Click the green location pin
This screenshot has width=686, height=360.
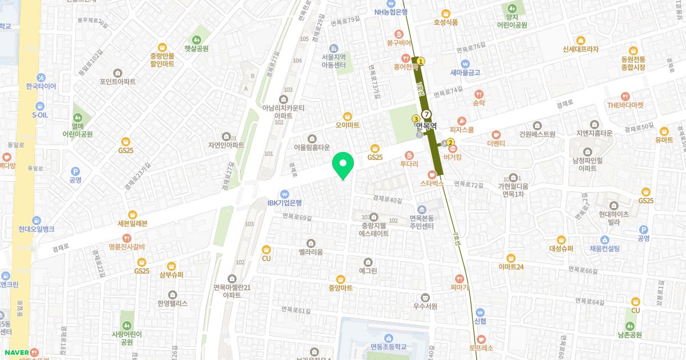[343, 165]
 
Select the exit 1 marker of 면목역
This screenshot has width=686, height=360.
[421, 61]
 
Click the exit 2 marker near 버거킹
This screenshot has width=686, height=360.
[450, 142]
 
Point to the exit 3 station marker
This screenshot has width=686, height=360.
[416, 118]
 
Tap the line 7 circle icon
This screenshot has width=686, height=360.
[426, 113]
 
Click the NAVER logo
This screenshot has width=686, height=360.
[14, 352]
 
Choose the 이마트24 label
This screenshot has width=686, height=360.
[510, 266]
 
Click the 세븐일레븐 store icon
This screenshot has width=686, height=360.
[132, 215]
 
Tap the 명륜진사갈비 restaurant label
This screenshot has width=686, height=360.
[118, 247]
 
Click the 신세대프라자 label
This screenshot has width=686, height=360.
[581, 49]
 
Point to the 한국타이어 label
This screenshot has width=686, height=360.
[41, 86]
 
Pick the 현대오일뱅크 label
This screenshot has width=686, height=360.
[36, 229]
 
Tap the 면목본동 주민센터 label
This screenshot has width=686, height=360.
[421, 222]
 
